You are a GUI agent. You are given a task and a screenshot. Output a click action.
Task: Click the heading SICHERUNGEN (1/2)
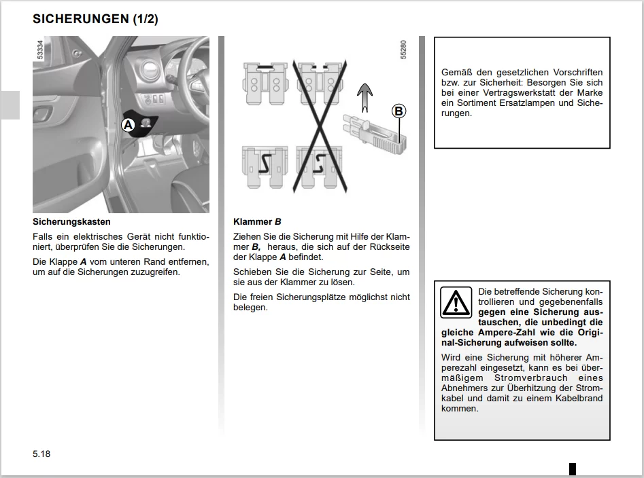(x=95, y=19)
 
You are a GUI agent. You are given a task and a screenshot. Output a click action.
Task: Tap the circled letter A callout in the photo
(x=128, y=124)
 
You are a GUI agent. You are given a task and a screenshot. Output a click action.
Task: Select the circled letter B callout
(x=399, y=111)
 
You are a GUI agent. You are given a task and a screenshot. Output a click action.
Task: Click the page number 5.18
(x=41, y=454)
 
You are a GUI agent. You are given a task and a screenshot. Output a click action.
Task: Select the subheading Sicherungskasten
(x=71, y=222)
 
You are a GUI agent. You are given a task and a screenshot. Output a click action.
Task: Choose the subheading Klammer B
(x=257, y=222)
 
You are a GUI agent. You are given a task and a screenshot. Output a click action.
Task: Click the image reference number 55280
(x=403, y=50)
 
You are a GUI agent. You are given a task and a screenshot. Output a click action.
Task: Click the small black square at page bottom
(x=573, y=468)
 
